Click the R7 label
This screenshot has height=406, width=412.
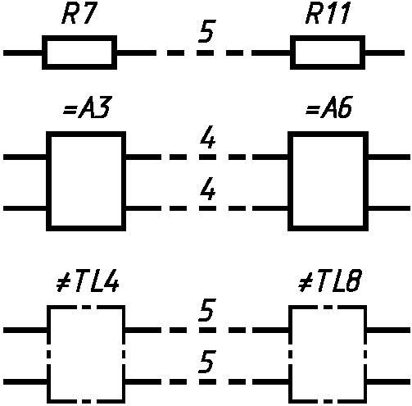(x=79, y=14)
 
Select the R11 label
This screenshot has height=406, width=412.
(x=328, y=14)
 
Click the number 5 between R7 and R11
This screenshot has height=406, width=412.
(x=207, y=31)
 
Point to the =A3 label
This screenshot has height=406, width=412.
(x=87, y=107)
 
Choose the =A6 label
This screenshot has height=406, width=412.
(x=329, y=107)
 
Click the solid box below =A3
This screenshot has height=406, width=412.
(x=48, y=181)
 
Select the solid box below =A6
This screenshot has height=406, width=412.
(x=290, y=181)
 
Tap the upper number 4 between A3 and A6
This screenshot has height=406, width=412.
(x=208, y=137)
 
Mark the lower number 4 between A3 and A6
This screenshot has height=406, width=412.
(x=208, y=189)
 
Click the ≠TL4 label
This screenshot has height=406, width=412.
(x=88, y=281)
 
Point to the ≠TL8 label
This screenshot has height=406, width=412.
(x=330, y=281)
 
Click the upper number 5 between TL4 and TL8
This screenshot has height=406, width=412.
(x=207, y=310)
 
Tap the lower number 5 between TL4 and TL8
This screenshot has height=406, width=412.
(x=207, y=362)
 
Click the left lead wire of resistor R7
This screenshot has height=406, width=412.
(x=23, y=52)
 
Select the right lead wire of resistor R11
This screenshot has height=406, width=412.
(x=385, y=52)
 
